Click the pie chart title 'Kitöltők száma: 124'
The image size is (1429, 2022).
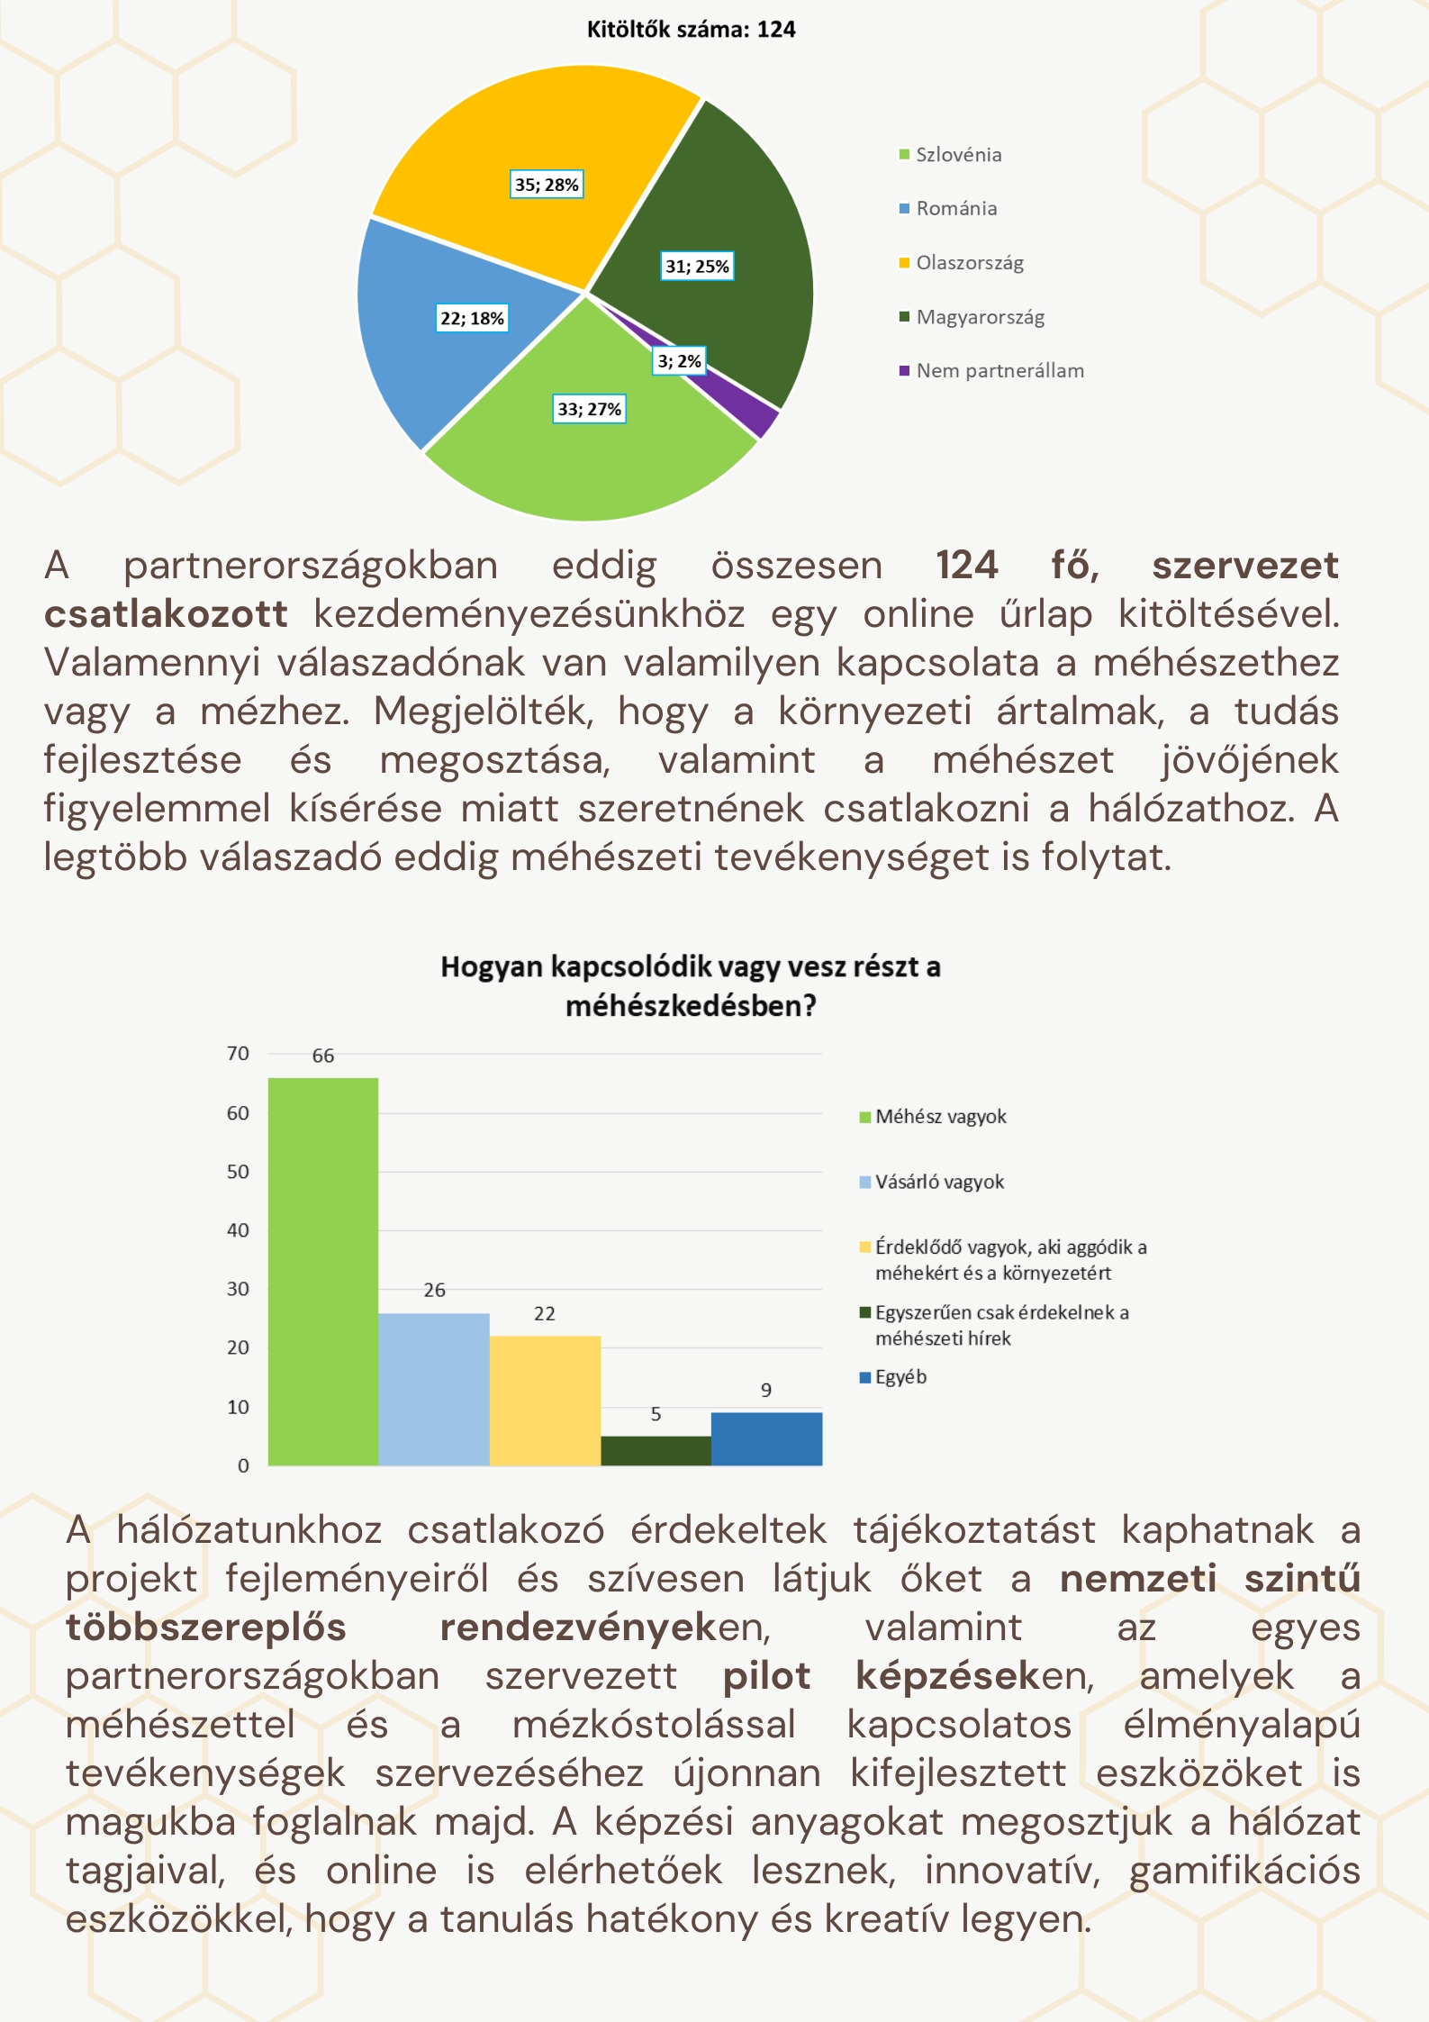(691, 30)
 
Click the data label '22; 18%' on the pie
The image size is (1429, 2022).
(472, 319)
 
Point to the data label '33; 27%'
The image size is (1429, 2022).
(589, 410)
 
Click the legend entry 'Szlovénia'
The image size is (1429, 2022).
(958, 155)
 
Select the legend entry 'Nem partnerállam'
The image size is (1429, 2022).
(999, 371)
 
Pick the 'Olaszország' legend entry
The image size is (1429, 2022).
(969, 263)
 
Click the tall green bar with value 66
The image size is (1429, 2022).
(323, 1270)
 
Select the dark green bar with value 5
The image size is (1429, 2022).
(656, 1450)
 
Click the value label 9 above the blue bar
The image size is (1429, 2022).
(766, 1390)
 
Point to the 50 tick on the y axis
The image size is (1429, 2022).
(238, 1172)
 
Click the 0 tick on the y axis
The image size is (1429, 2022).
(243, 1465)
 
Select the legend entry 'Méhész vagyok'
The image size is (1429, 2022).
(940, 1117)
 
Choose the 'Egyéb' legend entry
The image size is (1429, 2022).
(900, 1377)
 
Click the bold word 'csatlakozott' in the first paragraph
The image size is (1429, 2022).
(167, 614)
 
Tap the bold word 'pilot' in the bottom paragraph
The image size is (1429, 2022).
(766, 1676)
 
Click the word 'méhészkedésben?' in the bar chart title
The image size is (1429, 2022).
(691, 1006)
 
